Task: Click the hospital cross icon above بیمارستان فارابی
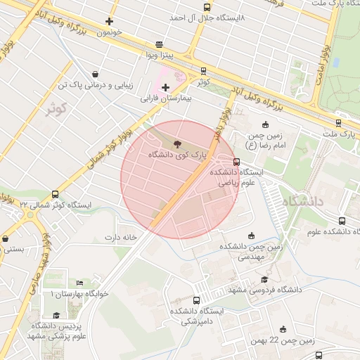pyautogui.click(x=165, y=87)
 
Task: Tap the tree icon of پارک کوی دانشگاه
pyautogui.click(x=176, y=143)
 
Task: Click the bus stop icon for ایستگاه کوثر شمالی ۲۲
pyautogui.click(x=55, y=195)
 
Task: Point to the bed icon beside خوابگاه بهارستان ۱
pyautogui.click(x=79, y=283)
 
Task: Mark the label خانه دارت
pyautogui.click(x=120, y=237)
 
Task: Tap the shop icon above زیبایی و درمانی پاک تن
pyautogui.click(x=95, y=74)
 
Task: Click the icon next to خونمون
pyautogui.click(x=109, y=21)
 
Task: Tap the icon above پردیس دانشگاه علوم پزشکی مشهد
pyautogui.click(x=56, y=316)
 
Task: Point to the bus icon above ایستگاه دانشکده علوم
pyautogui.click(x=342, y=220)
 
